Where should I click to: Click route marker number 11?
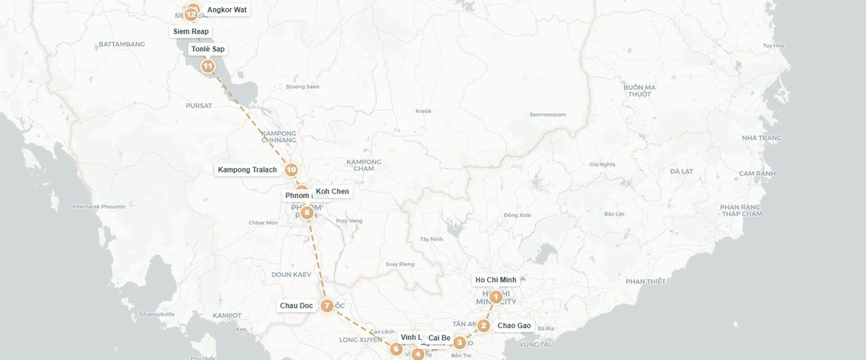[207, 66]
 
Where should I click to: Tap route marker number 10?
[291, 170]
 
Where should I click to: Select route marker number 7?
[327, 306]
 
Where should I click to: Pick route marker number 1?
[496, 297]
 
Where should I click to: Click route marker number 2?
[484, 325]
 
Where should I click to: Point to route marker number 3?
[459, 343]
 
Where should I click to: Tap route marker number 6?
[396, 349]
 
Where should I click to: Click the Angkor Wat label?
[227, 10]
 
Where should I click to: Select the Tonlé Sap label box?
[207, 49]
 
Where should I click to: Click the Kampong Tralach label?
[247, 170]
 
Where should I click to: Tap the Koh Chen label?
[332, 191]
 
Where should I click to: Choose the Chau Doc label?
[296, 305]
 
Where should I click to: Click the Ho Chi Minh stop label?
[496, 280]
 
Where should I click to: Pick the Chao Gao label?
[514, 325]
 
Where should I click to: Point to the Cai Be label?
[439, 338]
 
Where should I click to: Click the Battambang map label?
[122, 44]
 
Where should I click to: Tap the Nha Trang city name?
[762, 138]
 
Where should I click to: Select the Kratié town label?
[424, 111]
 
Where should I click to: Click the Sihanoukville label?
[157, 314]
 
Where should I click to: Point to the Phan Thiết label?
[645, 282]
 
